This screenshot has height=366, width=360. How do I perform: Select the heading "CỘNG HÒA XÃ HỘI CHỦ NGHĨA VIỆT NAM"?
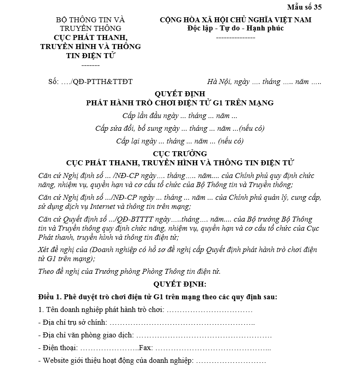point(235,20)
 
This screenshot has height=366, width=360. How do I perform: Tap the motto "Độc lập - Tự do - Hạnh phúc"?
point(235,28)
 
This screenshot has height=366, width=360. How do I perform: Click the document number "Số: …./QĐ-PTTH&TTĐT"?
point(90,82)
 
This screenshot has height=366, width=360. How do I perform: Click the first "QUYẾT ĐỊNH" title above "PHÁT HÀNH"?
point(180,94)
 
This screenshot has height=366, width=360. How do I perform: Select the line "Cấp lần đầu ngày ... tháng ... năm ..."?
point(180,115)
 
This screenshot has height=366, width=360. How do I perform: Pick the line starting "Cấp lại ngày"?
point(180,141)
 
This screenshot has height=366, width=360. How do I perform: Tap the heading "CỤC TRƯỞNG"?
point(180,153)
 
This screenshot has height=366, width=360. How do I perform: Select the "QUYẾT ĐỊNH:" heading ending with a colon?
point(180,284)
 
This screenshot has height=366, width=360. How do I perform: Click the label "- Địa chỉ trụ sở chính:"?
point(73,323)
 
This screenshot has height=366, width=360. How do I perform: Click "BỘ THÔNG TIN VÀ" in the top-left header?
point(90,20)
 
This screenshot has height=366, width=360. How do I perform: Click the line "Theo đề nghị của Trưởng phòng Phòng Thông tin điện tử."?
point(130,272)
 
